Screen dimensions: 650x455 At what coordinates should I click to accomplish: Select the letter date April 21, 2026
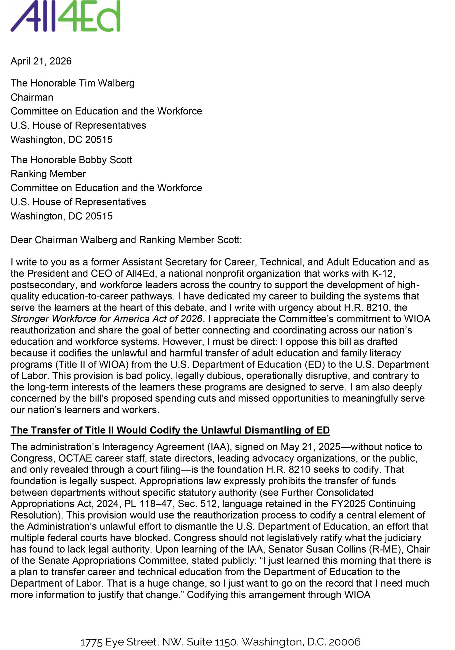pyautogui.click(x=41, y=61)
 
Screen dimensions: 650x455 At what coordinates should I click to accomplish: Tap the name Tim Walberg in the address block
pyautogui.click(x=106, y=83)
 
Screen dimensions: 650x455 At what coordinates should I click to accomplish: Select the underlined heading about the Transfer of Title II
pyautogui.click(x=170, y=430)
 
